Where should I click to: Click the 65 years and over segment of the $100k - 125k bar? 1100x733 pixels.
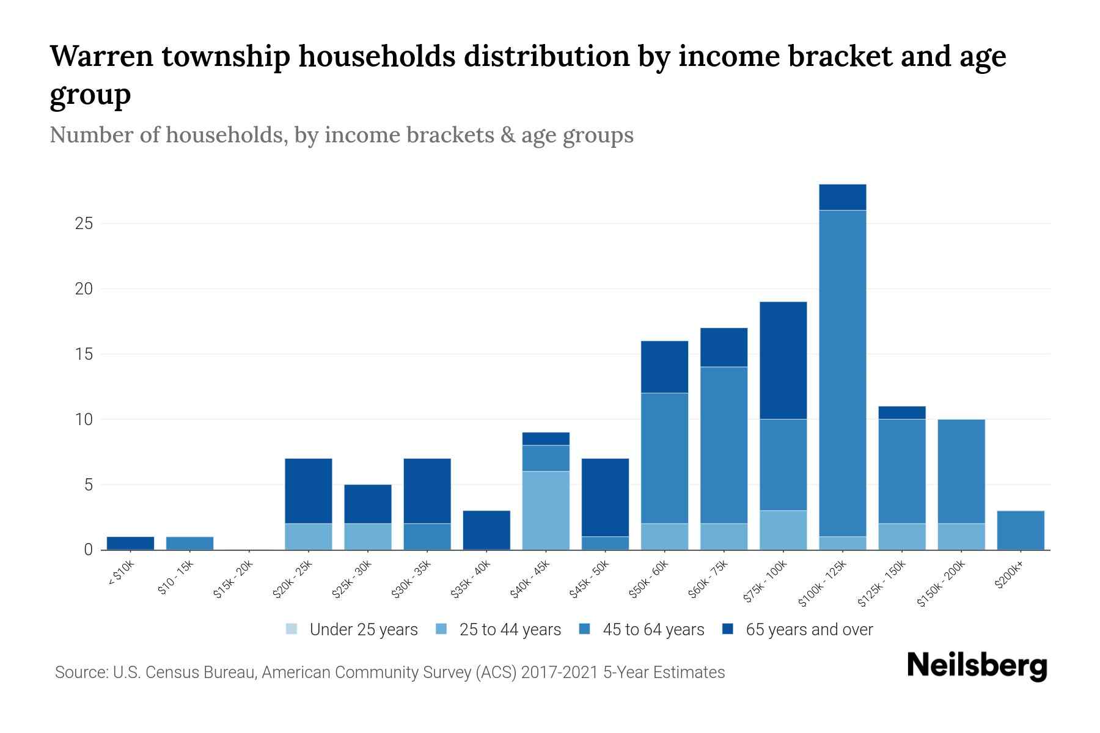click(x=842, y=197)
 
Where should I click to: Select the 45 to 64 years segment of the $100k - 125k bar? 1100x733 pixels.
click(x=842, y=373)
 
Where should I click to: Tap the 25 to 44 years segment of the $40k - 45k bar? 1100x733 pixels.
click(x=546, y=510)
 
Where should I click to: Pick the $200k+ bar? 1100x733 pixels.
click(x=1020, y=530)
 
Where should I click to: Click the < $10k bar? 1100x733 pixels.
click(x=130, y=543)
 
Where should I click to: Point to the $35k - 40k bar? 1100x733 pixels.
click(x=486, y=530)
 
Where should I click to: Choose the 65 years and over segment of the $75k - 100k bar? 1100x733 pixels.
click(x=783, y=360)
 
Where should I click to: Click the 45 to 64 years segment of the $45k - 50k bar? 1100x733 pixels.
click(x=605, y=543)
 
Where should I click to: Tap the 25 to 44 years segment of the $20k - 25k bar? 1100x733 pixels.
click(x=309, y=536)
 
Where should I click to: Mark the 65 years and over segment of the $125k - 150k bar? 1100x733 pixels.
click(x=901, y=412)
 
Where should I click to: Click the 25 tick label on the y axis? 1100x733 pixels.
click(x=84, y=224)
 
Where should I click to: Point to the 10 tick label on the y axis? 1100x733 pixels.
click(x=84, y=420)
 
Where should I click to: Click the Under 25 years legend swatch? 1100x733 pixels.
click(x=292, y=629)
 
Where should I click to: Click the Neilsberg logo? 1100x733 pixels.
click(x=977, y=666)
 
